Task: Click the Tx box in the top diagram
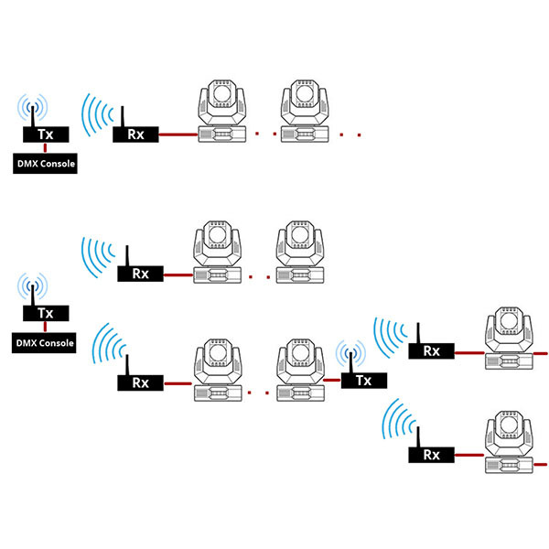tap(46, 135)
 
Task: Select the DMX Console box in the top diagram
tap(45, 164)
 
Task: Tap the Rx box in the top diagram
tap(135, 135)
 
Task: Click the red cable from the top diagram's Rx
tap(178, 135)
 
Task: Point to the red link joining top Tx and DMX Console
tap(45, 147)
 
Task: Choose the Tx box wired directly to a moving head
tap(364, 381)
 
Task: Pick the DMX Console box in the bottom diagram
tap(44, 343)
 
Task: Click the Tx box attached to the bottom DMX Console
tap(46, 313)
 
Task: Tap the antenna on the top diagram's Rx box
tap(123, 116)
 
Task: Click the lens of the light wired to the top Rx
tap(222, 92)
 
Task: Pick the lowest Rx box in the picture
tap(431, 455)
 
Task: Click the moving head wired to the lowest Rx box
tap(509, 442)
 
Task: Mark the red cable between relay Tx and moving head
tap(332, 380)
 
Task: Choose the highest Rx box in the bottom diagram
tap(140, 274)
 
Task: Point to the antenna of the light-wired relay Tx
tap(350, 362)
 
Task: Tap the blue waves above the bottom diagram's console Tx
tap(33, 285)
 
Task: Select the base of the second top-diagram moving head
tap(305, 134)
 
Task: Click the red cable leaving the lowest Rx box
tap(469, 455)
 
